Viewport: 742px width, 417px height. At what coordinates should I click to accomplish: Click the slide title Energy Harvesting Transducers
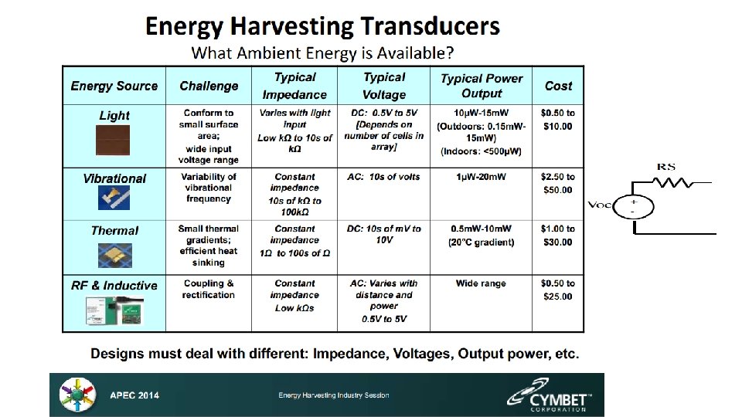pos(322,26)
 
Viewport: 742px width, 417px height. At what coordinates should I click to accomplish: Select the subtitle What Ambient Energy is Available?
pos(322,53)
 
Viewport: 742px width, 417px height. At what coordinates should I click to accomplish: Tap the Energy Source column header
pos(114,86)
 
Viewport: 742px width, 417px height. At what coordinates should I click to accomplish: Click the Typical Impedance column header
pos(294,86)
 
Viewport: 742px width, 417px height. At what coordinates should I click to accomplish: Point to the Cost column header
pos(558,86)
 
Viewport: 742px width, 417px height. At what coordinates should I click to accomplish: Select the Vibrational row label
pos(114,178)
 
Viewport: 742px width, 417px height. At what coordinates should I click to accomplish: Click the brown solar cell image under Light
pos(114,142)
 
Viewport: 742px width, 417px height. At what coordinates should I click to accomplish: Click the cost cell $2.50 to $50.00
pos(558,183)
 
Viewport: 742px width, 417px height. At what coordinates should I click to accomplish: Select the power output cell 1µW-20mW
pos(482,177)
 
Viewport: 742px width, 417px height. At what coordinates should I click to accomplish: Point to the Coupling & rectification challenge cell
pos(208,289)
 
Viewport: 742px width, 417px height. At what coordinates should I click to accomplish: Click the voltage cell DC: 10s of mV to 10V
pos(384,235)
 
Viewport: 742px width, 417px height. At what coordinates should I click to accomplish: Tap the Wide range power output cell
pos(482,283)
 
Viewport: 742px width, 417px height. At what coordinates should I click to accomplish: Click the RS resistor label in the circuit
pos(666,166)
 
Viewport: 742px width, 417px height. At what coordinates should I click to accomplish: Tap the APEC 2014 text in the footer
pos(134,395)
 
